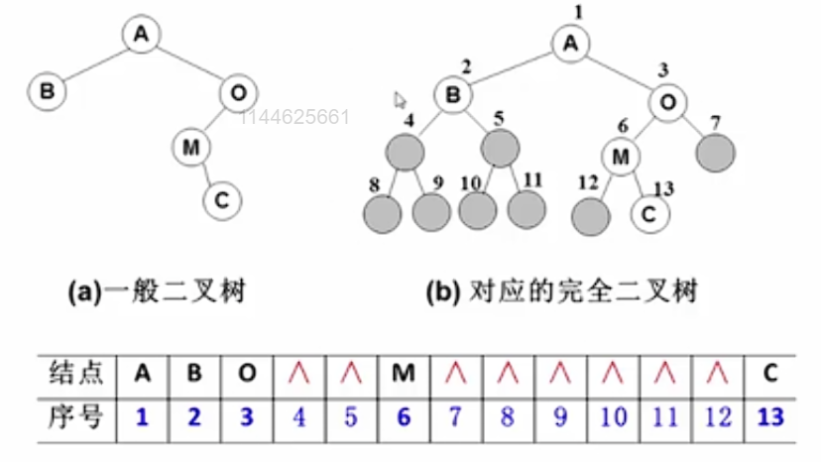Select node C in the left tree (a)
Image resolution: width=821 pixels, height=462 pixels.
(x=221, y=199)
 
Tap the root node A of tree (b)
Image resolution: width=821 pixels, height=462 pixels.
(x=569, y=44)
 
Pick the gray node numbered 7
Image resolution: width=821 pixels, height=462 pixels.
(x=715, y=152)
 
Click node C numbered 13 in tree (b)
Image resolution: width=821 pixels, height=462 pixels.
(x=648, y=212)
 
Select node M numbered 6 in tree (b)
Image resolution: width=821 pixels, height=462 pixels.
(x=621, y=157)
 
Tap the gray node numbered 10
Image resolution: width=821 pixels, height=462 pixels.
(x=478, y=210)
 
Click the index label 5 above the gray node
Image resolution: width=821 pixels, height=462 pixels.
(x=499, y=119)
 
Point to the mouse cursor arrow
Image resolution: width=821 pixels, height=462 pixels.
(x=401, y=100)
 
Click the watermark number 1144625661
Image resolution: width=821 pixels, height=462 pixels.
(x=294, y=117)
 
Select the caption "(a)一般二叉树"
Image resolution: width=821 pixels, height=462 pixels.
(x=157, y=291)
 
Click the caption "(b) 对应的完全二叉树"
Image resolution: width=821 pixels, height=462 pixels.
(x=562, y=291)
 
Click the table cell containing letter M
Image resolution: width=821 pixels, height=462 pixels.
(x=403, y=374)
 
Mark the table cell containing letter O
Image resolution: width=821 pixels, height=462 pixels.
(x=247, y=374)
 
